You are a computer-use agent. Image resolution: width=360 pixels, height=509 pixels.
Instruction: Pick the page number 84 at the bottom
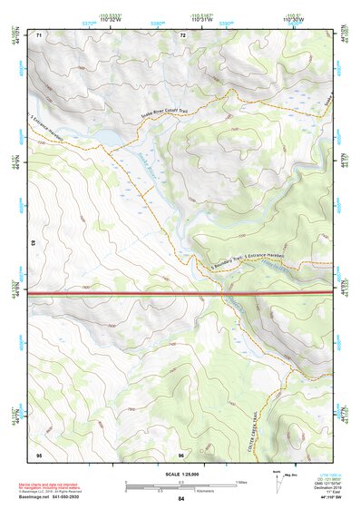tap(181, 500)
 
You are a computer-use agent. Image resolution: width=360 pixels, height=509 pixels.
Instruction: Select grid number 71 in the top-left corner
tap(39, 34)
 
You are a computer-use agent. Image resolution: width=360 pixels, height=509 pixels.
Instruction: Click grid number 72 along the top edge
tap(182, 34)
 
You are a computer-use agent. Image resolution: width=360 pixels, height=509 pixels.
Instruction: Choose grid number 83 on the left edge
tap(33, 244)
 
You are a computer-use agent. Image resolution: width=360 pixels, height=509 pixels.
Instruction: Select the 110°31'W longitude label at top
tap(201, 17)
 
